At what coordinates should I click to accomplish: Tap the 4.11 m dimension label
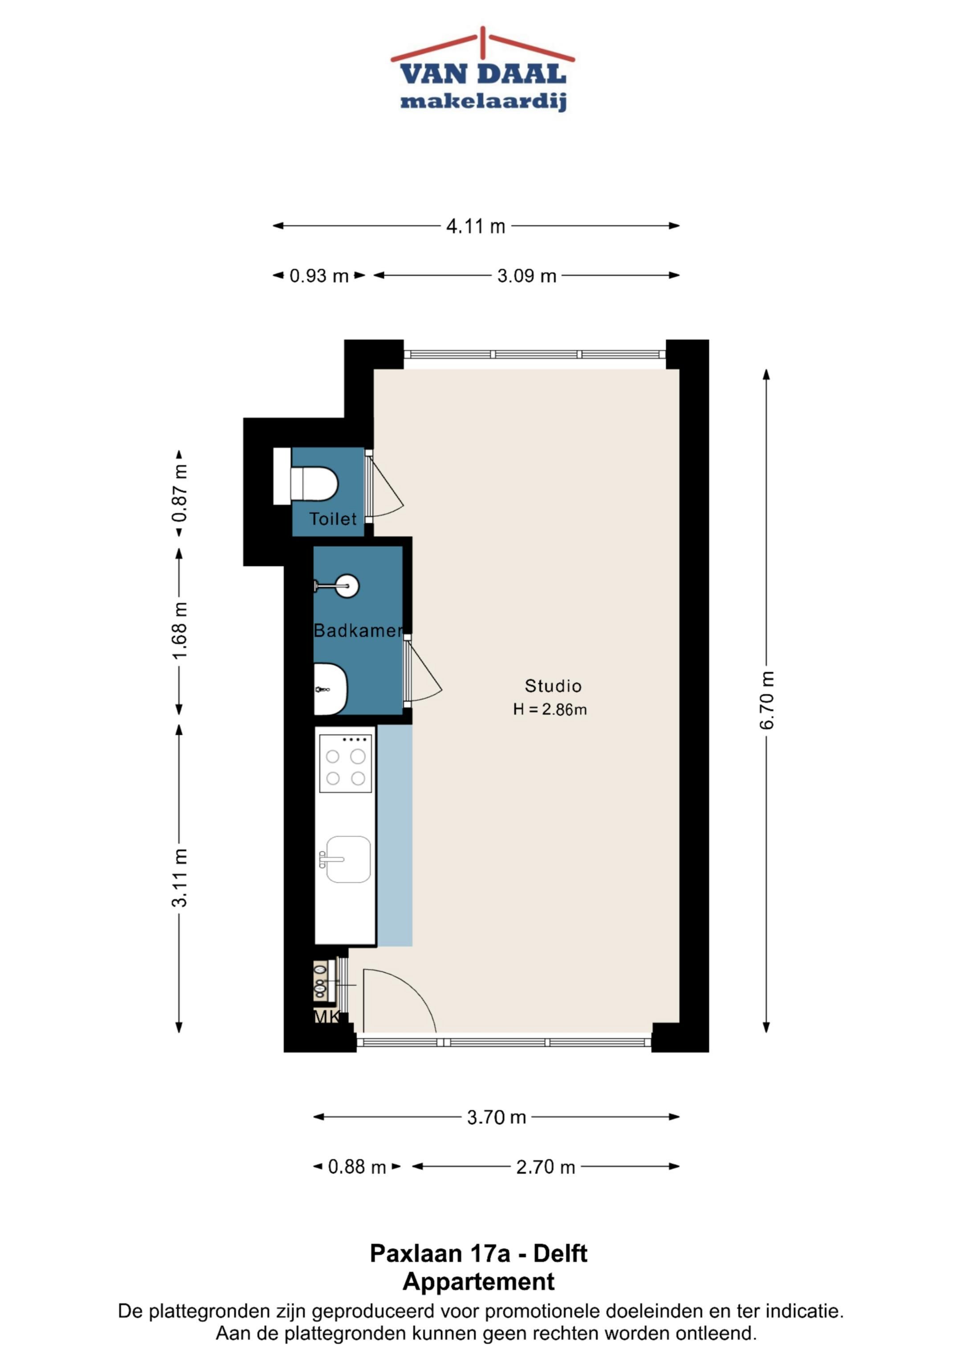[x=475, y=226]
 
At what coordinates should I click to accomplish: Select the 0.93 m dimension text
[x=319, y=276]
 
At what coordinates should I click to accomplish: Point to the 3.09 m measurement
[x=526, y=276]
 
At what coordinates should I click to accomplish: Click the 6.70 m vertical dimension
[x=766, y=700]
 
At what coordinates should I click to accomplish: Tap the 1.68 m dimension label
[x=179, y=630]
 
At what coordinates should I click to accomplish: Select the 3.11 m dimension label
[x=179, y=878]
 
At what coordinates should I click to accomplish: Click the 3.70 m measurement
[x=496, y=1118]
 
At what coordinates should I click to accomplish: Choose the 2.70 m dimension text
[x=545, y=1167]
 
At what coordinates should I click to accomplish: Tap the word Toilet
[x=333, y=519]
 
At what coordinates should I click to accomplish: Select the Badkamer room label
[x=358, y=630]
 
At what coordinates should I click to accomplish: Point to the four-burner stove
[x=346, y=763]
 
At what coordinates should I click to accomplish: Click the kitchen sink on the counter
[x=346, y=860]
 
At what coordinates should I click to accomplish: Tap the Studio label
[x=553, y=686]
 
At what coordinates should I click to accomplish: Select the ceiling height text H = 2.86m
[x=550, y=709]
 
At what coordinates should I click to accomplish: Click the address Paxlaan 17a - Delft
[x=478, y=1254]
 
